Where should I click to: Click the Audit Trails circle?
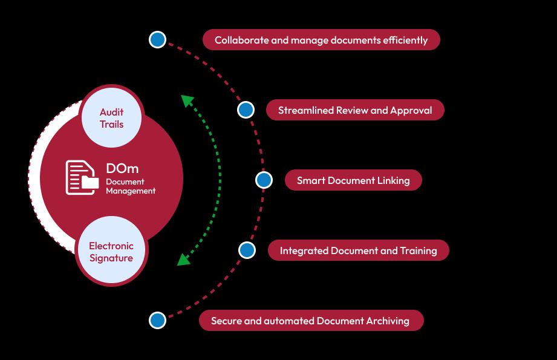point(111,117)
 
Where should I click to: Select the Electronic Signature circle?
point(111,251)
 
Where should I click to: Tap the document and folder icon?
point(82,178)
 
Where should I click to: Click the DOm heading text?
point(122,168)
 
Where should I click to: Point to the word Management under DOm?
point(131,191)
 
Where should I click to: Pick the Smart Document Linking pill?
point(353,180)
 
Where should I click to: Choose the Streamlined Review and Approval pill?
point(355,110)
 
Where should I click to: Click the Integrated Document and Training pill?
point(359,250)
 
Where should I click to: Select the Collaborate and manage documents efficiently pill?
point(321,40)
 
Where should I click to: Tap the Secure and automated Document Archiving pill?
point(311,321)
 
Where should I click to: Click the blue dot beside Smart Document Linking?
point(264,180)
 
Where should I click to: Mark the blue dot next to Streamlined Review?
point(246,110)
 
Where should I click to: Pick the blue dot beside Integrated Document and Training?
point(247,250)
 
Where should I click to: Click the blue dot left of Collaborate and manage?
point(158,39)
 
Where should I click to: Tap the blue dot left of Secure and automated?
point(158,320)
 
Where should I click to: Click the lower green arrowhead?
point(183,260)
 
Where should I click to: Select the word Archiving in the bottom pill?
point(388,321)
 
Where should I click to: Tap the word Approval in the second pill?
point(411,111)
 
